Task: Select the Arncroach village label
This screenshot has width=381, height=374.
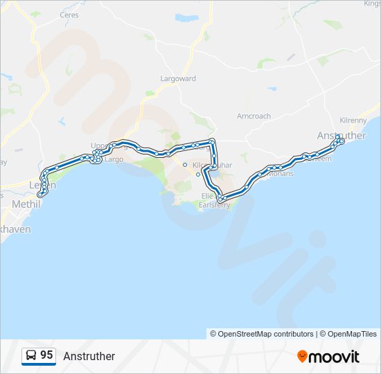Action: pos(254,116)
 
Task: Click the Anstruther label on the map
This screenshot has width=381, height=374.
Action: pos(341,136)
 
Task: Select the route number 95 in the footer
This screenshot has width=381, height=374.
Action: pos(46,355)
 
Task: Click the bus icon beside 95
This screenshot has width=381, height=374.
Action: pos(31,355)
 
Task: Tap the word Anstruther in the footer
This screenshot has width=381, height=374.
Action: pos(89,356)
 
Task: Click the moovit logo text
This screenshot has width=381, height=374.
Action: pos(335,357)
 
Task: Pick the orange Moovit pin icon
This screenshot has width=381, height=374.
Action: pos(302,356)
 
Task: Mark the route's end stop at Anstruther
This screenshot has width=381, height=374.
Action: pos(340,141)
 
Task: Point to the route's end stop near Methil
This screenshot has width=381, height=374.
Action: pos(41,194)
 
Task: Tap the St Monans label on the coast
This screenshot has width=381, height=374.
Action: pos(279,173)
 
